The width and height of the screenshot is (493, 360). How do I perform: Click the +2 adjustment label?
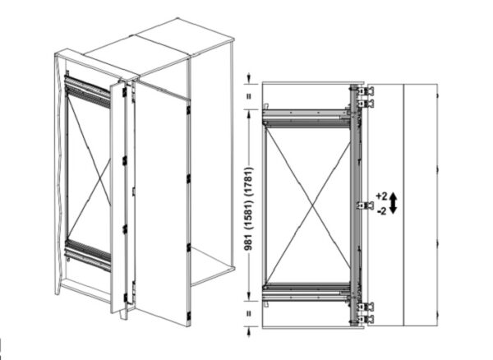(x=381, y=196)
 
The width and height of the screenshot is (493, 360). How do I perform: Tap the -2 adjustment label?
(x=382, y=211)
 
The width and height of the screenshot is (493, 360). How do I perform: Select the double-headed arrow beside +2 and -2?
(x=394, y=204)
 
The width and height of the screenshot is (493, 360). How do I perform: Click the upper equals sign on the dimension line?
(x=249, y=96)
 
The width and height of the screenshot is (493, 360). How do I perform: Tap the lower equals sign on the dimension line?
(x=249, y=313)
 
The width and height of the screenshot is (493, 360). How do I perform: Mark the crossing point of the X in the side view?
(x=311, y=206)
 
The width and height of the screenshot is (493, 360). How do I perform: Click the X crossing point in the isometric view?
(x=100, y=179)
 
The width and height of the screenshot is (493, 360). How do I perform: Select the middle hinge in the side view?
(x=365, y=205)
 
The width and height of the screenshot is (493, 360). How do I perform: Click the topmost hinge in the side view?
(x=366, y=91)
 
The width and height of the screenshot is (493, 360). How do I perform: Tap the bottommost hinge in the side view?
(x=366, y=319)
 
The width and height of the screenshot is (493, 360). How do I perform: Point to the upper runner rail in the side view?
(x=306, y=118)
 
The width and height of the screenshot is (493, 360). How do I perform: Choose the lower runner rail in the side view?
(x=306, y=293)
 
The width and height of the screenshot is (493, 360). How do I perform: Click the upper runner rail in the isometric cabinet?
(x=88, y=91)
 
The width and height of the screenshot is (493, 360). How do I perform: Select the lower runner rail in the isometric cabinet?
(x=88, y=256)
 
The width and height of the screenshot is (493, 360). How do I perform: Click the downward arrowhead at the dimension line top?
(x=249, y=77)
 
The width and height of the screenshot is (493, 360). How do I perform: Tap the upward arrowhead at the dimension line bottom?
(x=249, y=331)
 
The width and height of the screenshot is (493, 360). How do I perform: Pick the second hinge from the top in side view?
(x=366, y=103)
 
